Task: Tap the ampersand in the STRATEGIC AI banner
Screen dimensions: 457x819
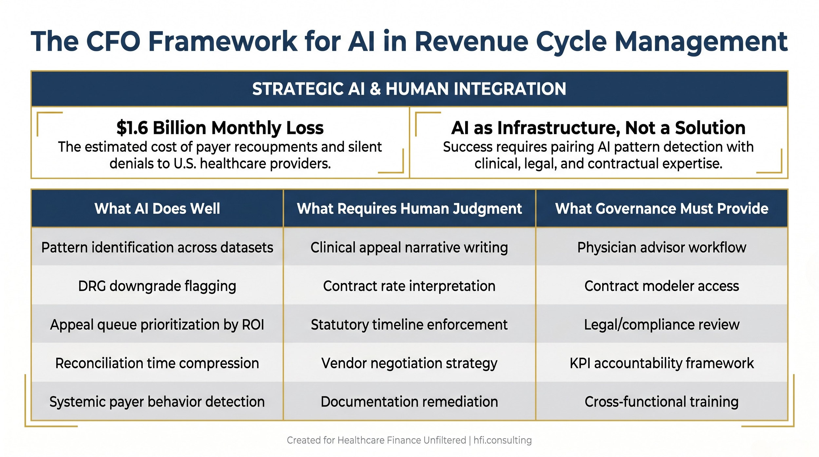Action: point(375,89)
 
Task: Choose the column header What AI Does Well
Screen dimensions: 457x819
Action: point(157,209)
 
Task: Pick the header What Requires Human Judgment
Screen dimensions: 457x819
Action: point(409,209)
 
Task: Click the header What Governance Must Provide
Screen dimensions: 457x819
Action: point(661,209)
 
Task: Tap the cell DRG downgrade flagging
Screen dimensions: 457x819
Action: point(157,286)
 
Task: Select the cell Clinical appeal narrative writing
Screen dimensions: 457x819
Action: point(409,247)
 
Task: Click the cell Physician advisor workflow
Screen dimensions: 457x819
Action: point(661,247)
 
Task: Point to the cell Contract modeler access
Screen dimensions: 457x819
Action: point(661,286)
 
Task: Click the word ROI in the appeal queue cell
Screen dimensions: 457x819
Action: point(253,325)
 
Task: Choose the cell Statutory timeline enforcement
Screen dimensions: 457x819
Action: point(409,325)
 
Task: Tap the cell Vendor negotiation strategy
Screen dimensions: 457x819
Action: point(409,363)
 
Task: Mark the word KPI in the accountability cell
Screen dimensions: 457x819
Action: point(580,363)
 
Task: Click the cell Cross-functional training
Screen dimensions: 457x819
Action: point(661,402)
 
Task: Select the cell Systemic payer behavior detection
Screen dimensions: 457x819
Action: point(157,402)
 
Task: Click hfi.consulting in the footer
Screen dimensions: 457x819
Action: point(503,440)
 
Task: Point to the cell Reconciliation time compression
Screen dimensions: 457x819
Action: point(157,363)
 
